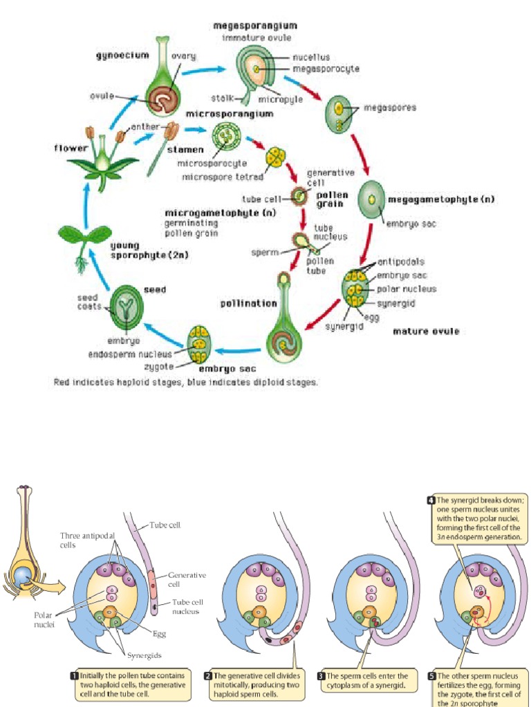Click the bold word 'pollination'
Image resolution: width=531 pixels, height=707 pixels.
pos(248,303)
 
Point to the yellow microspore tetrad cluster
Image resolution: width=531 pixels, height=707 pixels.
pos(277,157)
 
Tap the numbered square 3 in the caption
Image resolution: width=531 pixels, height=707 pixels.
pos(321,676)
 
